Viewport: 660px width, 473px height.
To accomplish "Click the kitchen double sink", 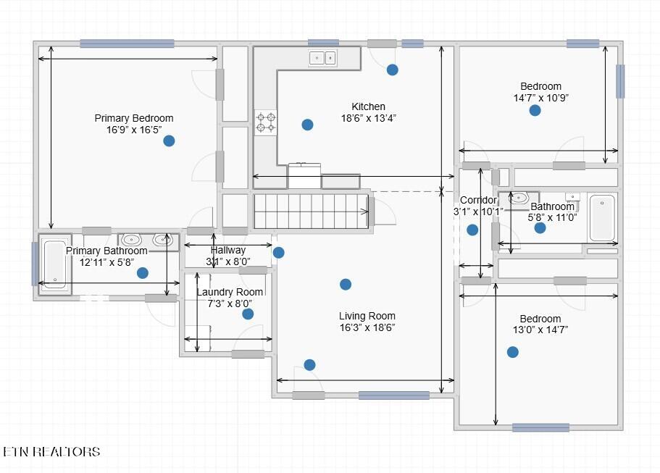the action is point(322,58).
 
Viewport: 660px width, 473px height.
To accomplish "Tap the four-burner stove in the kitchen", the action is point(266,122).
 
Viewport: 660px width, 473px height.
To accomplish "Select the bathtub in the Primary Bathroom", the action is point(55,264).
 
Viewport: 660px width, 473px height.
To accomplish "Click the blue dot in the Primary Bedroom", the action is point(169,141).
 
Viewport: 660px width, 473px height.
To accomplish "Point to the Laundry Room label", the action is point(230,292).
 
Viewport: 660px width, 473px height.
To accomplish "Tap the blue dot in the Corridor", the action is point(472,230).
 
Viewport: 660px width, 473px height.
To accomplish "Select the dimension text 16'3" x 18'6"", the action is point(367,327).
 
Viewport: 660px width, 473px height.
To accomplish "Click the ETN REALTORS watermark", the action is point(51,451).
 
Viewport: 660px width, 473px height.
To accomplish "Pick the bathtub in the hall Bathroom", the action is point(602,218).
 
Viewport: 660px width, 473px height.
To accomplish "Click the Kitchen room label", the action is point(368,106).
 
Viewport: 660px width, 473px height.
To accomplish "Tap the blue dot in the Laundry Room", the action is point(248,314).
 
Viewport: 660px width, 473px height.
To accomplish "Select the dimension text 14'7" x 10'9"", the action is point(541,98).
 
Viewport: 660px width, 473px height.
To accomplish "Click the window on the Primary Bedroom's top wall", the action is point(127,43).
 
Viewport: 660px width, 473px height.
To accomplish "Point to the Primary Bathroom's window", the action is point(35,264).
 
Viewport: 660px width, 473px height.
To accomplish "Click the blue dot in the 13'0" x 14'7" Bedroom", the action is point(512,352).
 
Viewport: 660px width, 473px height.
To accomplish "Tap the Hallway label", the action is point(227,250).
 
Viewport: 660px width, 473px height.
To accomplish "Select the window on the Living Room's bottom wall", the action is point(394,395).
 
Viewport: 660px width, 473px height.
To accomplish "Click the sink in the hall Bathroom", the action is point(519,197).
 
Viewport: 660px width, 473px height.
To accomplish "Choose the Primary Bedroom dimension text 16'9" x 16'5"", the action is point(134,130).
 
